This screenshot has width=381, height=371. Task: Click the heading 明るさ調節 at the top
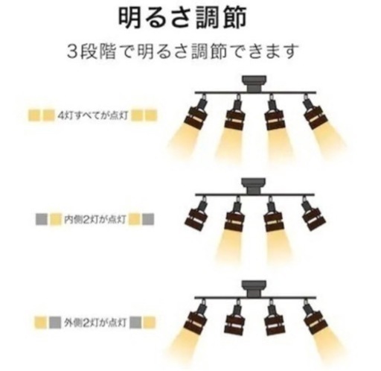pyautogui.click(x=182, y=17)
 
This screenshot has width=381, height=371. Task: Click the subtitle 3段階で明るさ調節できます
pyautogui.click(x=183, y=51)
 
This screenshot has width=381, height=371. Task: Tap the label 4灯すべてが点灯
pyautogui.click(x=93, y=115)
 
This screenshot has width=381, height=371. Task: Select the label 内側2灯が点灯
pyautogui.click(x=95, y=219)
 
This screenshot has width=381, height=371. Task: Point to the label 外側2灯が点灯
pyautogui.click(x=95, y=323)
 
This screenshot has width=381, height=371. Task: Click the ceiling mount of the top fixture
pyautogui.click(x=254, y=83)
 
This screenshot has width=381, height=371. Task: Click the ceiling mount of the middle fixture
pyautogui.click(x=254, y=186)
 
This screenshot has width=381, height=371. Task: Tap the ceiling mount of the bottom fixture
pyautogui.click(x=254, y=289)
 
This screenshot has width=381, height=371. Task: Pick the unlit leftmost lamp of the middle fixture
pyautogui.click(x=196, y=215)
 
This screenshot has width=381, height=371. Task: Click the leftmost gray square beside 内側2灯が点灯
pyautogui.click(x=42, y=219)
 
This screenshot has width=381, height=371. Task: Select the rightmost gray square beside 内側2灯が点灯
pyautogui.click(x=148, y=219)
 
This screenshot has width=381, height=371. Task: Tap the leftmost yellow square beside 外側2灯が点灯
pyautogui.click(x=40, y=323)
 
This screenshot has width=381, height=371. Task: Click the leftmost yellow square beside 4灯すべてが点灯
pyautogui.click(x=34, y=115)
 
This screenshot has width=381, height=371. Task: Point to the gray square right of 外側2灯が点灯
pyautogui.click(x=135, y=323)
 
